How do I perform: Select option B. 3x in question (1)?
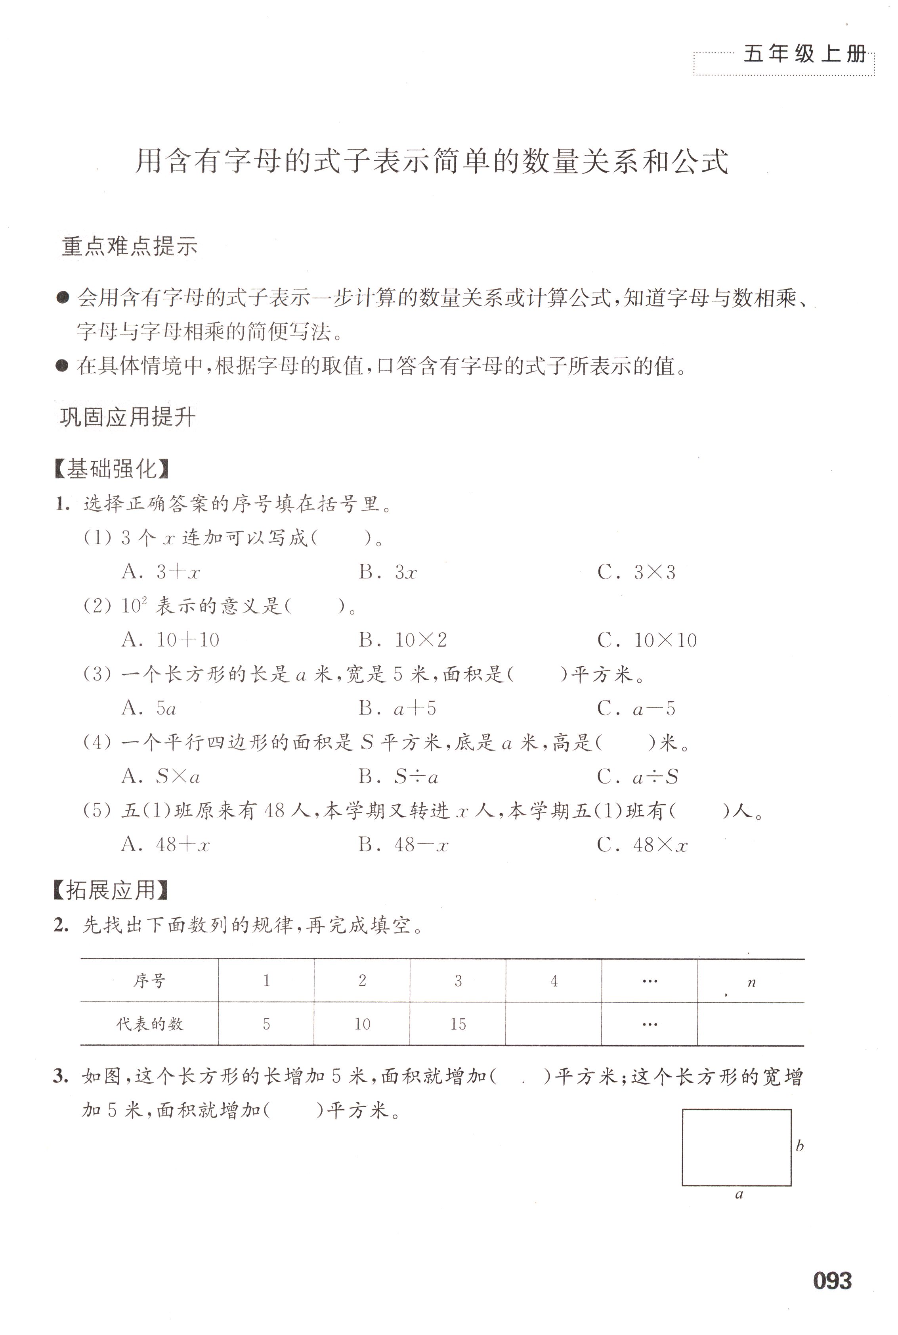[x=388, y=572]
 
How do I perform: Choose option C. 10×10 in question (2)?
[x=647, y=640]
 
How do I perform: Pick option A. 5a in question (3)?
[x=149, y=709]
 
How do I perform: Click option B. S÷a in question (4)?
[x=399, y=777]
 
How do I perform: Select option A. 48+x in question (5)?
[x=166, y=845]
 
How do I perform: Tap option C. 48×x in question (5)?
[x=642, y=845]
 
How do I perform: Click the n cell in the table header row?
[x=751, y=982]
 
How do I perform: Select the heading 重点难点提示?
[x=130, y=246]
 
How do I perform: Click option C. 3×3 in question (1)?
[x=637, y=572]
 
